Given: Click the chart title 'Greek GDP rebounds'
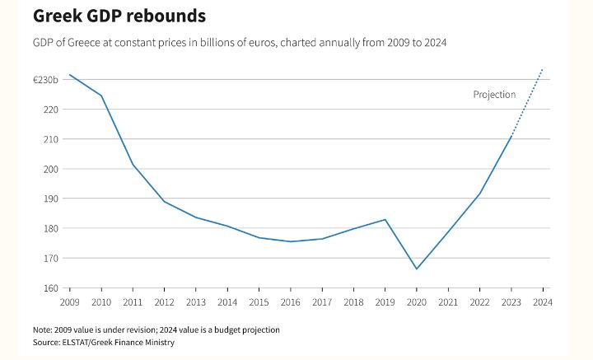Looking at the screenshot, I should tap(119, 16).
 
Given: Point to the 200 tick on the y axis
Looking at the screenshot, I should tap(51, 169).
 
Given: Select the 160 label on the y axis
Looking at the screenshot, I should tap(51, 288).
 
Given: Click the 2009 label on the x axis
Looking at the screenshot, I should tap(70, 302).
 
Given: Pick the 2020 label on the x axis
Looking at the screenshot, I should tap(417, 302).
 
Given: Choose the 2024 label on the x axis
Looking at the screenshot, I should tap(542, 302).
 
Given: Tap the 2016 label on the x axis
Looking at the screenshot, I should tap(291, 302).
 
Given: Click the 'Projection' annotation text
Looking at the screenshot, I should tap(494, 95).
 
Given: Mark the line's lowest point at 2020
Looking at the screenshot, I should tap(417, 269).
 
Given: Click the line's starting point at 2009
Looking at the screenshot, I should tap(70, 75).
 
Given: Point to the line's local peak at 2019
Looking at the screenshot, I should tap(385, 219).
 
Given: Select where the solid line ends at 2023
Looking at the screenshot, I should tap(511, 136).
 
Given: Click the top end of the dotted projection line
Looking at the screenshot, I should tap(542, 69).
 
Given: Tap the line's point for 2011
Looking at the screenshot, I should tap(133, 165).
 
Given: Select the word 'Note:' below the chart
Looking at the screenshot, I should tap(44, 330).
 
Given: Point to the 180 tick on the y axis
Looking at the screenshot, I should tap(51, 228).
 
